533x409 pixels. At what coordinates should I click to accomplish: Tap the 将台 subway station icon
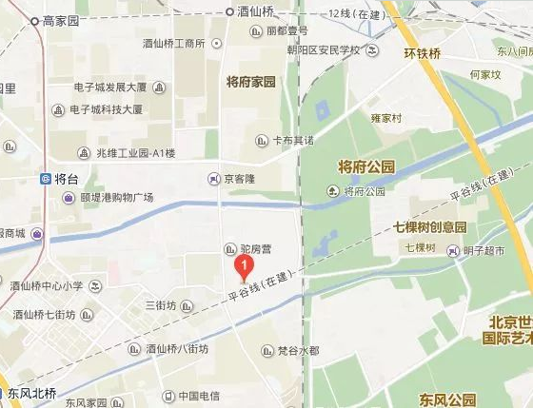point(46,179)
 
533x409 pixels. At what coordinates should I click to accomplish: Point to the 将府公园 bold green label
point(366,168)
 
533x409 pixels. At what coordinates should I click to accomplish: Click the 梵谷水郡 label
point(297,351)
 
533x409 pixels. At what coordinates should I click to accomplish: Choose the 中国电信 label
point(198,395)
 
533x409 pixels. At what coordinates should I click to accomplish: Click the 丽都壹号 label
point(287,30)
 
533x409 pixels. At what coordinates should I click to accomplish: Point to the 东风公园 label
point(448,398)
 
